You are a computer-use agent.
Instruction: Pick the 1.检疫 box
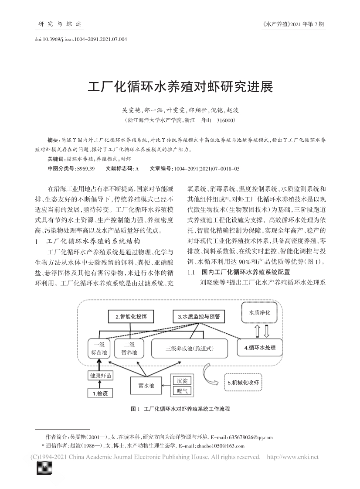[100, 393]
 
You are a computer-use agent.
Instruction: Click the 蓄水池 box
[146, 386]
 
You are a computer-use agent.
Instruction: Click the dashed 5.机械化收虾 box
[243, 383]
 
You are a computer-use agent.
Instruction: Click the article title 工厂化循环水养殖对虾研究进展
[180, 87]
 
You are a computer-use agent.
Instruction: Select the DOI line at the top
[81, 39]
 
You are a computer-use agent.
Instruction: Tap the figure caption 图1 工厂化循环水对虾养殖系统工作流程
[180, 409]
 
